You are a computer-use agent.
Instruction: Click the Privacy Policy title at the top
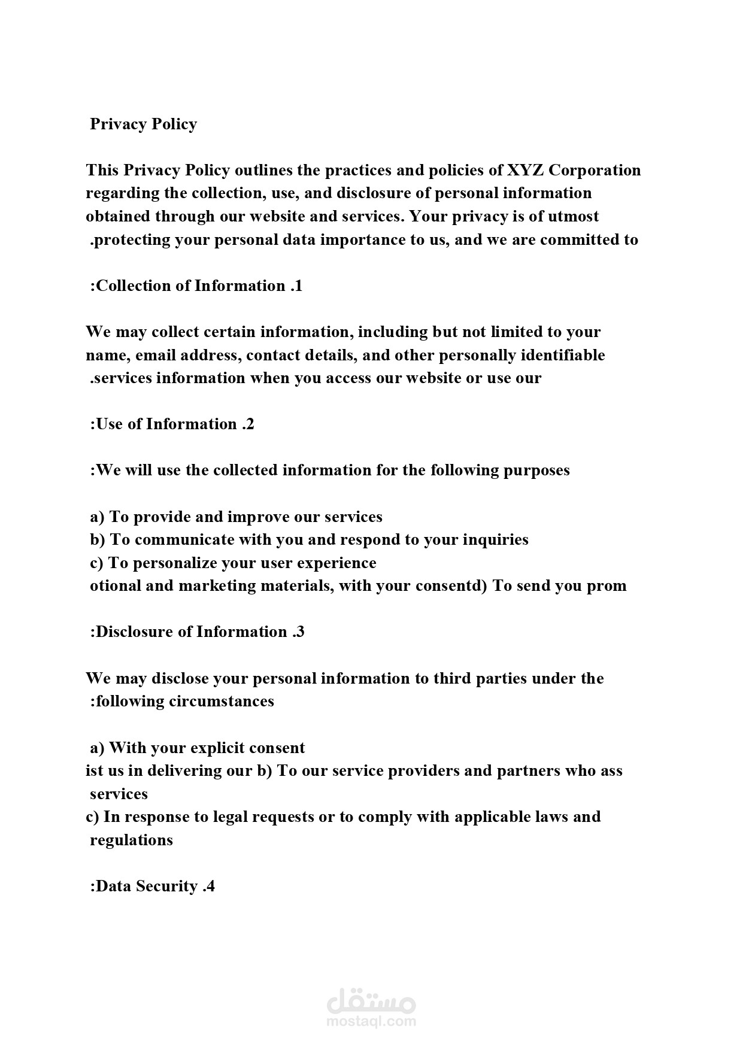pos(143,124)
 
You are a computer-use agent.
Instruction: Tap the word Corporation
pos(595,171)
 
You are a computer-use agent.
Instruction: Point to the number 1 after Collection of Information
pos(298,286)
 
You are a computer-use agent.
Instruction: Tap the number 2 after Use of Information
pos(250,424)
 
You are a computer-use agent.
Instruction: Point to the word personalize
pos(174,563)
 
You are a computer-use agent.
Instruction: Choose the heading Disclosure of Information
pos(192,632)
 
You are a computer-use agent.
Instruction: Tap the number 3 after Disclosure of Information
pos(300,632)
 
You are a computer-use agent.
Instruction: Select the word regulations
pos(131,840)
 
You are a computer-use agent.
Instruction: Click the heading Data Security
pos(146,887)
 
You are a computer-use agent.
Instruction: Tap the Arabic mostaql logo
pos(372,998)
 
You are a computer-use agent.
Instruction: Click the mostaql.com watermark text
pos(372,1021)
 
